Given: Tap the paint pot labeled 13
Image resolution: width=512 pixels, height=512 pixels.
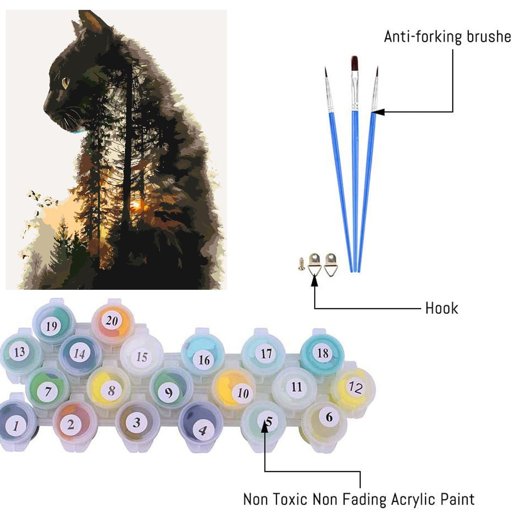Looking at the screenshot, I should point(20,352).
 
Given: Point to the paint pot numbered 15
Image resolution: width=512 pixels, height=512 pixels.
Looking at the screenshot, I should point(141,355).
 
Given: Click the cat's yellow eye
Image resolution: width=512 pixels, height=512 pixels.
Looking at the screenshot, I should point(65,82).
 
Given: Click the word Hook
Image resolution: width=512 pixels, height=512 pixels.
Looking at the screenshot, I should point(441,308).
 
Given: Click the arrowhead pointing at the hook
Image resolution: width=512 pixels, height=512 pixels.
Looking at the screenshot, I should point(314,280).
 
